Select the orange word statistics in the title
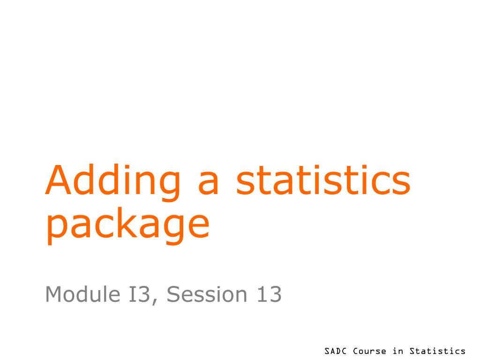click(x=323, y=180)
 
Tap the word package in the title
click(x=127, y=225)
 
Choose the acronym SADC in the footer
click(x=336, y=351)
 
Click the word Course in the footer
click(x=370, y=351)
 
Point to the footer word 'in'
click(x=398, y=351)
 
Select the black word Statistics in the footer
click(x=437, y=351)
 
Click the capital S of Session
click(x=173, y=294)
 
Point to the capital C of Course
click(x=355, y=351)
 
